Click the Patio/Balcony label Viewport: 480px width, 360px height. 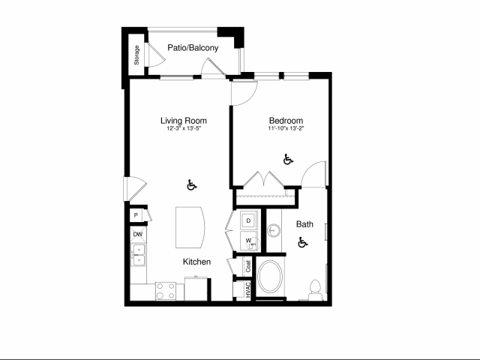pyautogui.click(x=193, y=49)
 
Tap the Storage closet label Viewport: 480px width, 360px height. pyautogui.click(x=136, y=56)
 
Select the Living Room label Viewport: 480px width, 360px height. pyautogui.click(x=184, y=120)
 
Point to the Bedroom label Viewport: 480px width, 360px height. pyautogui.click(x=286, y=121)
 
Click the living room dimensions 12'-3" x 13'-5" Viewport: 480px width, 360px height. pyautogui.click(x=184, y=129)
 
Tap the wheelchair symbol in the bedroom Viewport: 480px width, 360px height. pyautogui.click(x=288, y=159)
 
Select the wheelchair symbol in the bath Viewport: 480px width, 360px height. pyautogui.click(x=303, y=242)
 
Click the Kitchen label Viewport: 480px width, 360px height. pyautogui.click(x=196, y=262)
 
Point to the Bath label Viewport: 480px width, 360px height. pyautogui.click(x=304, y=223)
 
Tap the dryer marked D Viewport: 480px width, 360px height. pyautogui.click(x=249, y=221)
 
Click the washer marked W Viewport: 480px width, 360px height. pyautogui.click(x=248, y=241)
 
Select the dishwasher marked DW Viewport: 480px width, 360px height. pyautogui.click(x=138, y=235)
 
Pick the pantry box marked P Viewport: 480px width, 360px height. pyautogui.click(x=136, y=215)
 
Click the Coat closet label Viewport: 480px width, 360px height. pyautogui.click(x=247, y=265)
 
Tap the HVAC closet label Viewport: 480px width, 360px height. pyautogui.click(x=247, y=290)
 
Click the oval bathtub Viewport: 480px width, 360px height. pyautogui.click(x=271, y=278)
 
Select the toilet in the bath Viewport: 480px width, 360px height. pyautogui.click(x=316, y=287)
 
